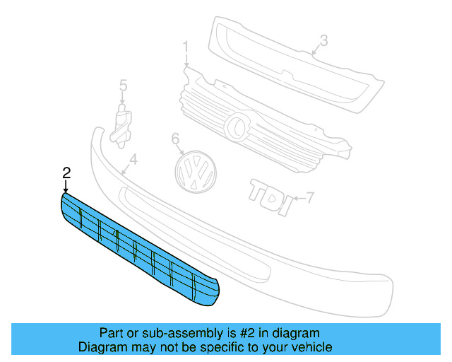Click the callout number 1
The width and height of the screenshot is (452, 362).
(186, 48)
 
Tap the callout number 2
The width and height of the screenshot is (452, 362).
(66, 173)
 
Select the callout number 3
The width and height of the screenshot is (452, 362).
(323, 41)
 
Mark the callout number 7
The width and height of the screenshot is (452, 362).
(309, 196)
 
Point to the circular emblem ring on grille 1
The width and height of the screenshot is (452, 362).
(237, 127)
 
